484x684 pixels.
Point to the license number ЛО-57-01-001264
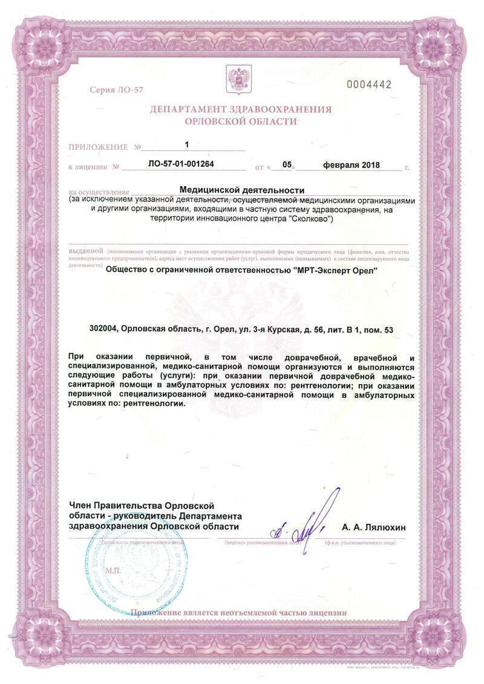pos(181,164)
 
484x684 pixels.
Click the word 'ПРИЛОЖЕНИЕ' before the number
pos(98,147)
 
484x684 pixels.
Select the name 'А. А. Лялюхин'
pos(374,528)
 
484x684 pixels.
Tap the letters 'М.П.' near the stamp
pos(113,570)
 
